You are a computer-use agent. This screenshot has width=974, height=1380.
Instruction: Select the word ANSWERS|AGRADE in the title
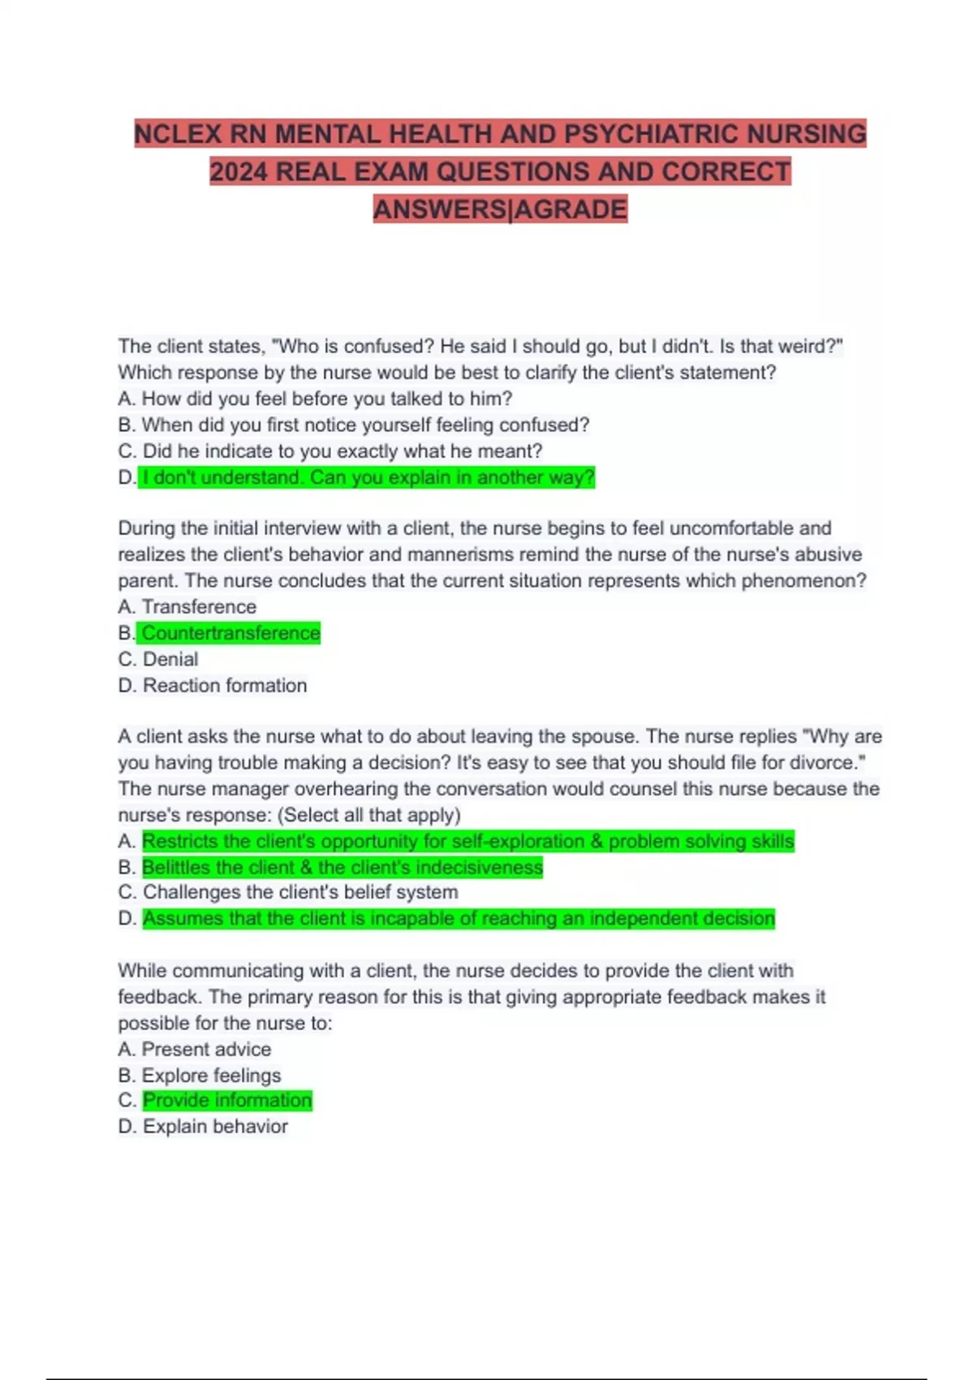tap(500, 209)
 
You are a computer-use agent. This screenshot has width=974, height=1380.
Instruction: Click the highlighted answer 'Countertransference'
tap(231, 633)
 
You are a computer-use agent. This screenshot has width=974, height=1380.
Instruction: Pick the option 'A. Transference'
tap(187, 606)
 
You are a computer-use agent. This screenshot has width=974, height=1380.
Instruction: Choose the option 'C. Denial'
tap(158, 659)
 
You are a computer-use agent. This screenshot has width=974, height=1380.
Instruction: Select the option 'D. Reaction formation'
tap(213, 685)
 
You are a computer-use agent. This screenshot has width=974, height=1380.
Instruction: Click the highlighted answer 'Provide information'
tap(227, 1100)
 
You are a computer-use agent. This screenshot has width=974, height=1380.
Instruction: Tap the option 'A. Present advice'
tap(195, 1049)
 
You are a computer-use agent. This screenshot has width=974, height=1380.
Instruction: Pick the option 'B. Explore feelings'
tap(200, 1075)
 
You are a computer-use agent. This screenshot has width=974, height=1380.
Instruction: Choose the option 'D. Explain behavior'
tap(203, 1126)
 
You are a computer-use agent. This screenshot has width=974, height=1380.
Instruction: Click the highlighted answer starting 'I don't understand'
tap(368, 477)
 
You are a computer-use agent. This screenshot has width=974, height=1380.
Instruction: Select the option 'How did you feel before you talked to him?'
tap(326, 399)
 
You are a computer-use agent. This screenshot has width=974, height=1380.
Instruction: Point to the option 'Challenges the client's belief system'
tap(300, 892)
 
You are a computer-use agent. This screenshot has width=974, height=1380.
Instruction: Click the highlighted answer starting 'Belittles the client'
tap(342, 867)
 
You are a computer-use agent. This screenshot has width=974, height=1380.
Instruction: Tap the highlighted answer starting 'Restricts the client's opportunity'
tap(468, 841)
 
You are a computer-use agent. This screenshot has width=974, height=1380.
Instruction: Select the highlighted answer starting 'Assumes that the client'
tap(459, 918)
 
